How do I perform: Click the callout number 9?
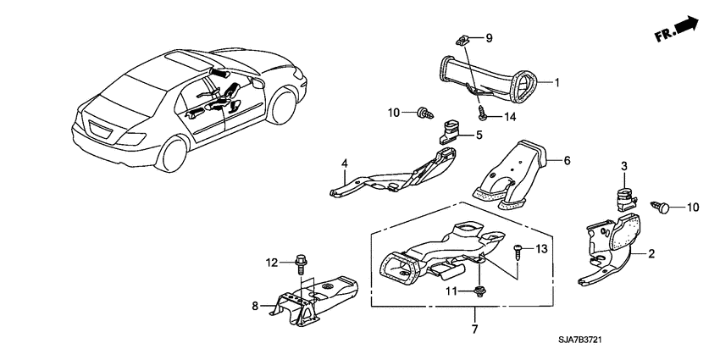pyautogui.click(x=489, y=37)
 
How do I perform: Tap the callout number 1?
pyautogui.click(x=557, y=83)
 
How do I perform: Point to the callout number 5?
pyautogui.click(x=479, y=135)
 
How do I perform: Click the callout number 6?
pyautogui.click(x=567, y=161)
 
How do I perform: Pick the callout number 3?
pyautogui.click(x=624, y=167)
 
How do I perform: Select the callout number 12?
pyautogui.click(x=272, y=263)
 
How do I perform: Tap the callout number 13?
pyautogui.click(x=542, y=249)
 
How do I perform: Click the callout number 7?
pyautogui.click(x=475, y=329)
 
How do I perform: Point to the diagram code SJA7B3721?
pyautogui.click(x=580, y=341)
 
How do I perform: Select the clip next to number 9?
pyautogui.click(x=462, y=41)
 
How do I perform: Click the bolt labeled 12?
pyautogui.click(x=301, y=263)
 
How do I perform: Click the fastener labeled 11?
pyautogui.click(x=479, y=291)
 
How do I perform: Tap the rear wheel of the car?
pyautogui.click(x=173, y=153)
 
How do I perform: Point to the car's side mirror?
pyautogui.click(x=258, y=83)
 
